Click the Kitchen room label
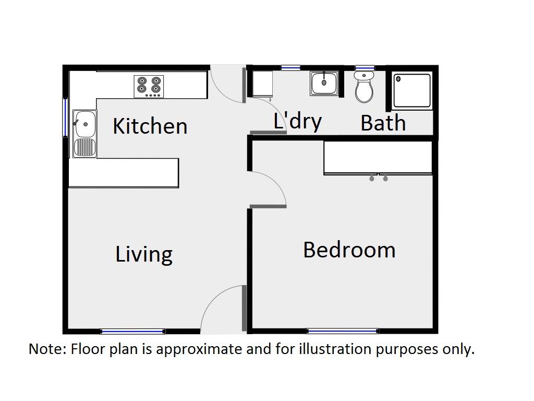point(150,126)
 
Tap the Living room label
point(144,254)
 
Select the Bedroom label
point(349,250)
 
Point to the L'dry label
point(298,121)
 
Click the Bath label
point(383,123)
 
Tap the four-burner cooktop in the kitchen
point(149,87)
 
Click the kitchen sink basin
point(85,123)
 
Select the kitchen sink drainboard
point(85,147)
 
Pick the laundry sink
point(324,83)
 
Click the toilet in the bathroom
point(364,87)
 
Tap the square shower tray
point(412,91)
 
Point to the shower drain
point(398,79)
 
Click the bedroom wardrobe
point(378,158)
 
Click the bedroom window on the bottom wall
point(343,331)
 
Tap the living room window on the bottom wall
point(133,331)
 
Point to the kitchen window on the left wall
point(65,117)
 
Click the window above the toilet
point(365,68)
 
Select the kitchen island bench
point(124,173)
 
